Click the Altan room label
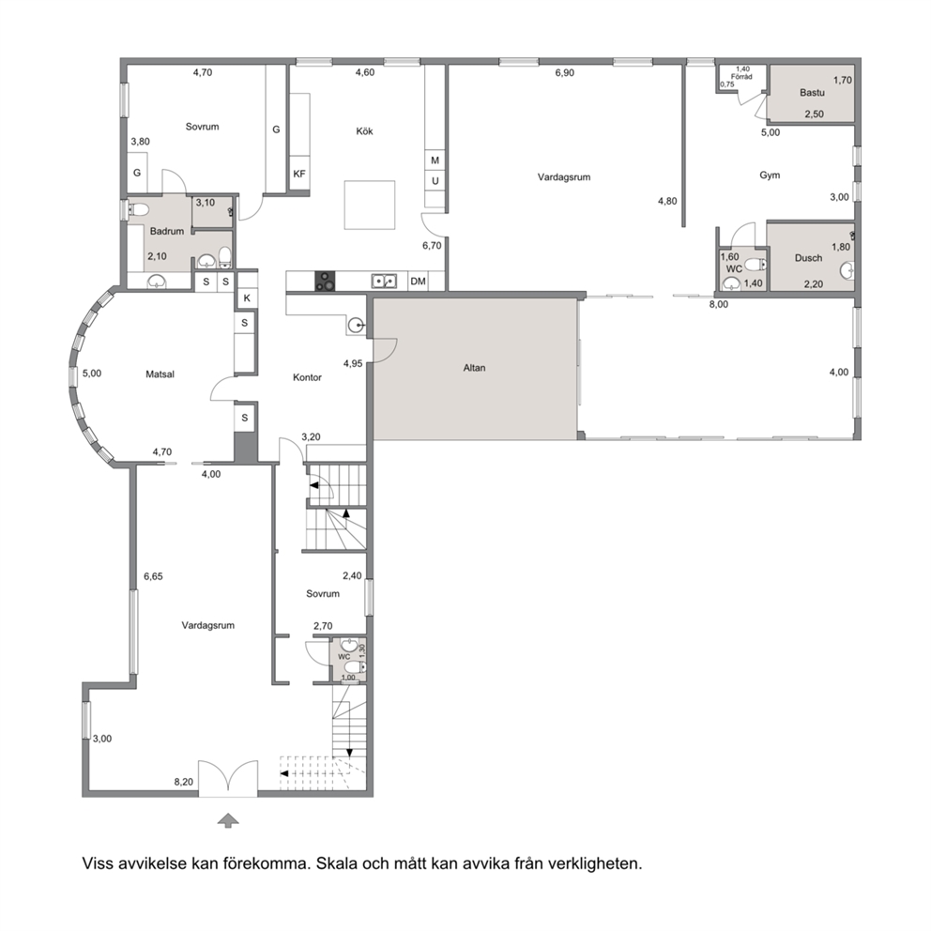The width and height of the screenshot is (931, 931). click(x=474, y=368)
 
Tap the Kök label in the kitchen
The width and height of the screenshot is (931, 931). click(x=364, y=131)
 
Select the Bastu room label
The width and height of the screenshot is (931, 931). click(x=812, y=93)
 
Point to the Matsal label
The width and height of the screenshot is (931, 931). click(x=160, y=374)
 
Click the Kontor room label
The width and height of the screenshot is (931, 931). click(x=307, y=377)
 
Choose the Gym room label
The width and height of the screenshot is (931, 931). click(x=770, y=176)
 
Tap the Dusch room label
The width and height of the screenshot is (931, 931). click(x=808, y=258)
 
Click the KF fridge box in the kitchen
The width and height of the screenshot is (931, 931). click(x=299, y=174)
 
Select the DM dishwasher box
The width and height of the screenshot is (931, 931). click(x=418, y=282)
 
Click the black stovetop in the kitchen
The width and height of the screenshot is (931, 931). click(x=324, y=282)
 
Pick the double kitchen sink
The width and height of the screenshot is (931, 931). click(x=384, y=281)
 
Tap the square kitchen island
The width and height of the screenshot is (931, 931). click(x=370, y=205)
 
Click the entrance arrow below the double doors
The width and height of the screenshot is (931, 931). click(x=228, y=820)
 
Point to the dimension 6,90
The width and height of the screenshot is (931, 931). click(x=565, y=73)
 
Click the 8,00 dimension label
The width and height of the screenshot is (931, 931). click(x=719, y=305)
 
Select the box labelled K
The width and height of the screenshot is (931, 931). click(x=247, y=298)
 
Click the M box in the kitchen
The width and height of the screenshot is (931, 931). click(x=435, y=160)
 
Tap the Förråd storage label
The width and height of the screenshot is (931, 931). click(x=741, y=77)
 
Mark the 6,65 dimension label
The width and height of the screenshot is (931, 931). click(x=153, y=576)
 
